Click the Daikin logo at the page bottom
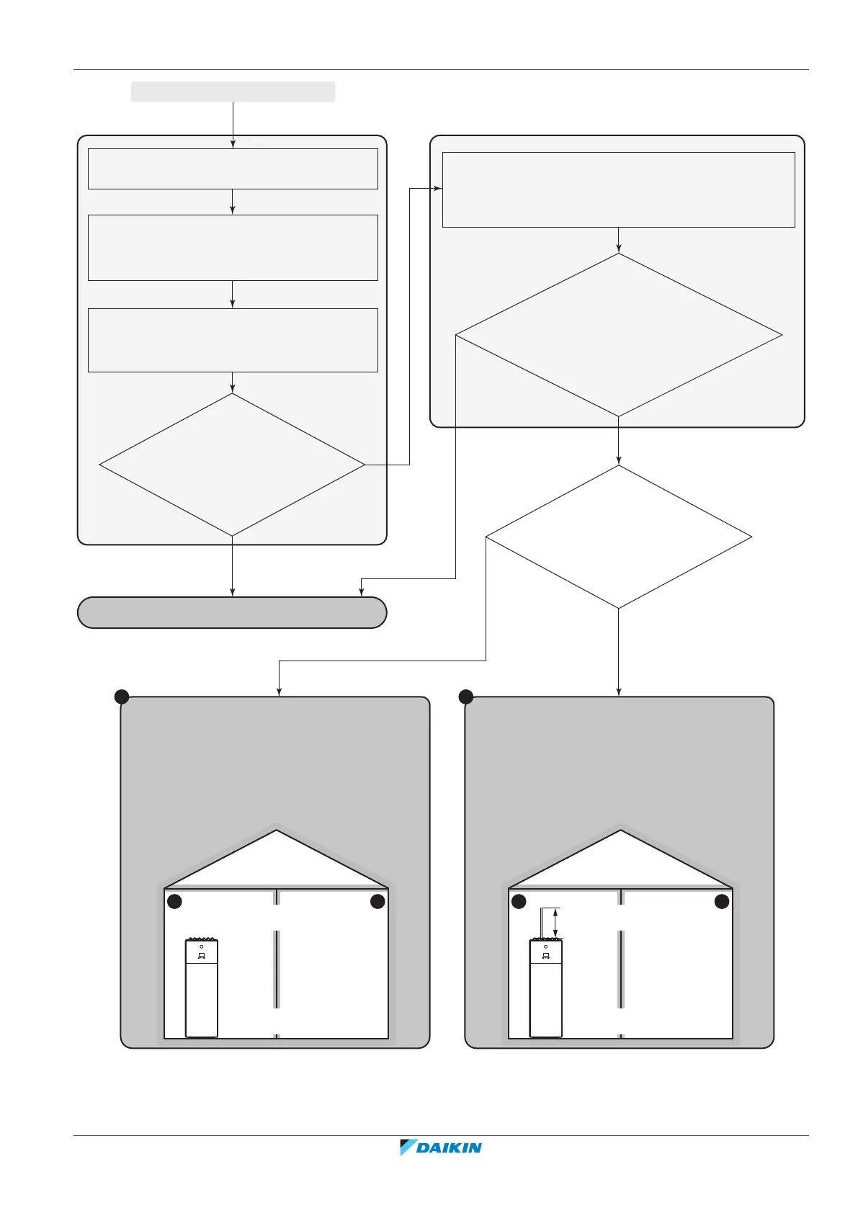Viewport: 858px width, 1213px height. [x=441, y=1147]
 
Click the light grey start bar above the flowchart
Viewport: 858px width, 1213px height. [x=233, y=91]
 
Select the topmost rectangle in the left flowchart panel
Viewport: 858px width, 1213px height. [x=233, y=169]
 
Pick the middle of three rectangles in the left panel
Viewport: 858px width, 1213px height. [x=233, y=247]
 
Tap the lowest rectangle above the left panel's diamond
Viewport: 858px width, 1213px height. [x=233, y=340]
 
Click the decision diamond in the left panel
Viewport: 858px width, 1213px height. [x=232, y=465]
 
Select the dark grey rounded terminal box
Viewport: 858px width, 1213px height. [x=232, y=612]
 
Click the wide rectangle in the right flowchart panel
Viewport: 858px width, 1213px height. [x=618, y=189]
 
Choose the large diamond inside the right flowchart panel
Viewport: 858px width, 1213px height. [x=618, y=335]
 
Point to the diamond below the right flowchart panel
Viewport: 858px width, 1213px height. [x=618, y=537]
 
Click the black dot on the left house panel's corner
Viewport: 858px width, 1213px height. [x=122, y=697]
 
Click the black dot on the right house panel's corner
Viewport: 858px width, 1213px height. [x=466, y=697]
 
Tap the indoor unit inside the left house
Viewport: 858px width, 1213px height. [x=202, y=988]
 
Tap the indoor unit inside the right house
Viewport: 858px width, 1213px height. [x=546, y=988]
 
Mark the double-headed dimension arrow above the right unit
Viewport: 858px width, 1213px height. [x=555, y=923]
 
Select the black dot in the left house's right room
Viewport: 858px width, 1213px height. [x=377, y=902]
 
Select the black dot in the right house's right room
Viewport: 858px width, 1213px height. [x=722, y=902]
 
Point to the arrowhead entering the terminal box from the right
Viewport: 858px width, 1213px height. [x=361, y=592]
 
